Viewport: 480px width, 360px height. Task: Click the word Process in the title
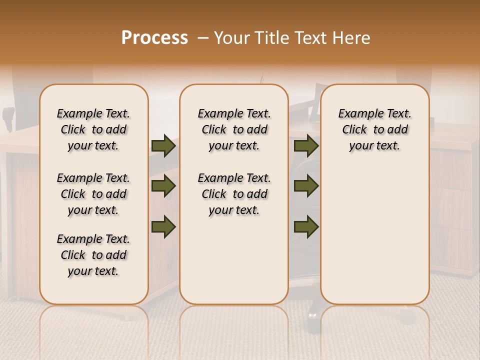154,38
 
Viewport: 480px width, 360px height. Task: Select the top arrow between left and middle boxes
163,146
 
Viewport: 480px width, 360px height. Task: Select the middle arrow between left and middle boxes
163,186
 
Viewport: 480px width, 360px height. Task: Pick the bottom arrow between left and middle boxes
163,226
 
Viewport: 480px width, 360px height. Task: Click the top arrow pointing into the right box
306,146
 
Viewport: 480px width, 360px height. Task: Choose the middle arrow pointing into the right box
306,186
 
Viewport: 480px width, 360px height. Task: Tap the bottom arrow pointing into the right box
306,226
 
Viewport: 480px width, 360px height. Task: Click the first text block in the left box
93,129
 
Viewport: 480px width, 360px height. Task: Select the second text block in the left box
93,194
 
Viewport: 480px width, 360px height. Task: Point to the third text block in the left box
93,255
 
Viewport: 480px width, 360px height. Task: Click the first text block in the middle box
234,129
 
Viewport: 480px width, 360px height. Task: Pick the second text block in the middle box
234,194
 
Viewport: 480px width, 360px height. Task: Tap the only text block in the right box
375,129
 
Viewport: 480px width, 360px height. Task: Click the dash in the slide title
203,38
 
